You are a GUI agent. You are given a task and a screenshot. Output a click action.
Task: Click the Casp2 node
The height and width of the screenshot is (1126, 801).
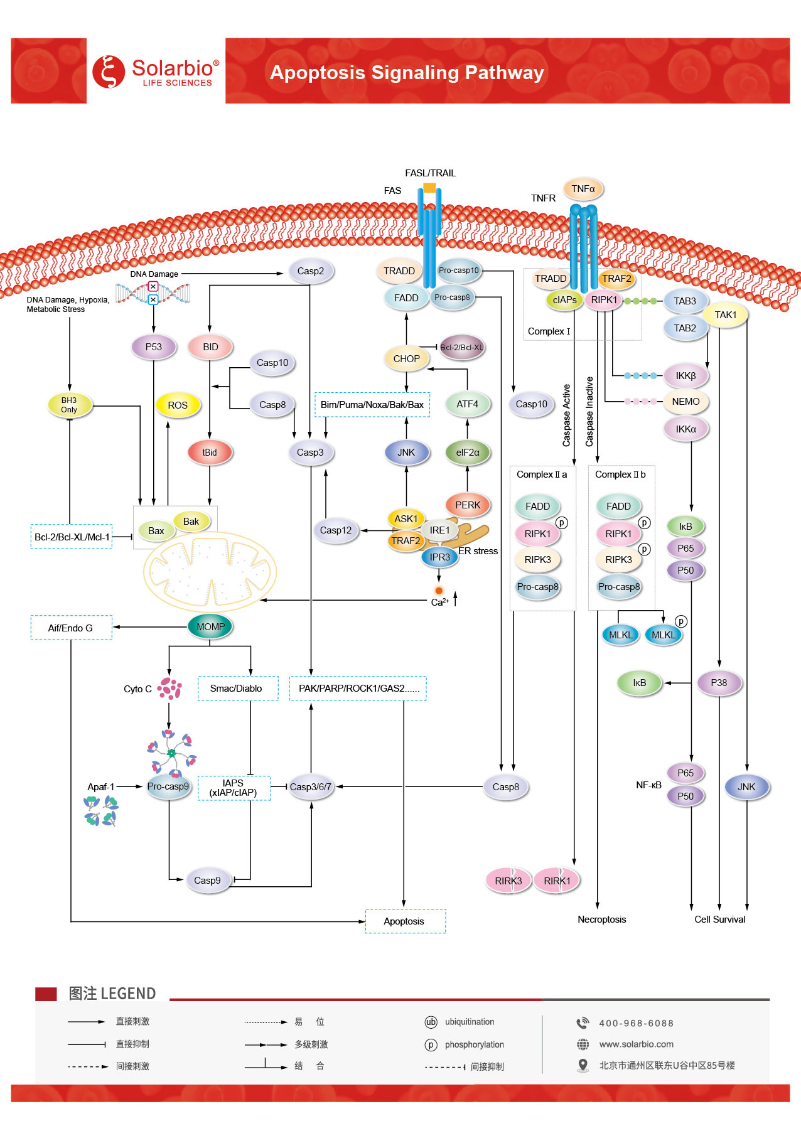311,271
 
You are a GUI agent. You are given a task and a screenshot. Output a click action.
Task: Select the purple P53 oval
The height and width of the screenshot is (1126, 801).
154,346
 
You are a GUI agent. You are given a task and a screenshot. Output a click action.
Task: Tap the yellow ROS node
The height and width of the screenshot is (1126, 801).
178,405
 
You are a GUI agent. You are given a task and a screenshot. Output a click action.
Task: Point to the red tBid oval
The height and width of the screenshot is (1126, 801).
210,453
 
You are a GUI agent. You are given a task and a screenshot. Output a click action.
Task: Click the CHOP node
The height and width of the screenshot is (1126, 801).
406,359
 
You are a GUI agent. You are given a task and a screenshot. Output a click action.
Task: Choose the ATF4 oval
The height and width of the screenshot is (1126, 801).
467,404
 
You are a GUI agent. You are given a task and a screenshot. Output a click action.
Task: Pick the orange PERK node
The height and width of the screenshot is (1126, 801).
468,505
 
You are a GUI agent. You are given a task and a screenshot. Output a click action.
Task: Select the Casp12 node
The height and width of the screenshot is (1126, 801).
336,530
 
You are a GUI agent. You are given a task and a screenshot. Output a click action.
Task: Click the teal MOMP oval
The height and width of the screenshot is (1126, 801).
210,626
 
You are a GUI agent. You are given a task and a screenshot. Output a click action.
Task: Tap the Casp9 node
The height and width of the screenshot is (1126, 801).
207,881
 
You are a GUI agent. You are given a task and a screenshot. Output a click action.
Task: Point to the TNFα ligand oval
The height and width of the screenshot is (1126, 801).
583,189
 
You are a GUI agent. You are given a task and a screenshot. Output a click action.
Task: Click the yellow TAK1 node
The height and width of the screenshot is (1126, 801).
725,315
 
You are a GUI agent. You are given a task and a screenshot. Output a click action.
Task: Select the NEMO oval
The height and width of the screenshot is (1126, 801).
685,402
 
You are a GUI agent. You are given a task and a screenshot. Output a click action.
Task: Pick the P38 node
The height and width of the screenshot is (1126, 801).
719,683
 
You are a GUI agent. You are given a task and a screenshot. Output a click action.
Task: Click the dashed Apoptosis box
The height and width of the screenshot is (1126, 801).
405,921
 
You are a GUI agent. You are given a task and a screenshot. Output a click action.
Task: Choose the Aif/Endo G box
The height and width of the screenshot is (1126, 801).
71,628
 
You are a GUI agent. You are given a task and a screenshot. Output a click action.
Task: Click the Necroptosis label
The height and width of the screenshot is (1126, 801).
601,920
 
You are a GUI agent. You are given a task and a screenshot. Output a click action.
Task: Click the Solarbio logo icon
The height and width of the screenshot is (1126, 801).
109,71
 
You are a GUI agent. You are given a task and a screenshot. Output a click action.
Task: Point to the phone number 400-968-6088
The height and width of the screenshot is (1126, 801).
636,1023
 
